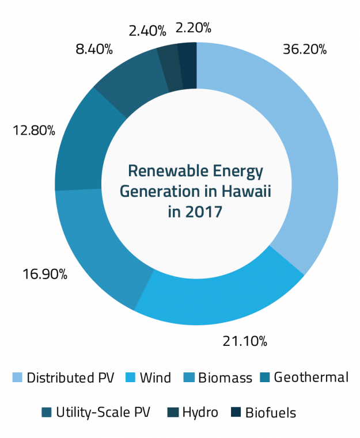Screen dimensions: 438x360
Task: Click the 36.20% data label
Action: [305, 49]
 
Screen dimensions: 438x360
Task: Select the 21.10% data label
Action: [245, 341]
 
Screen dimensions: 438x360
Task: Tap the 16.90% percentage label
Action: [46, 274]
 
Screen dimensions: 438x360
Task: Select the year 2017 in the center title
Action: [204, 211]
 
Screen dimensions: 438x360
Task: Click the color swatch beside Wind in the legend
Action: [130, 378]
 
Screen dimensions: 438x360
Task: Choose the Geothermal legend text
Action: [310, 378]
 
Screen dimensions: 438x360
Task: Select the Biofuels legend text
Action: [270, 412]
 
